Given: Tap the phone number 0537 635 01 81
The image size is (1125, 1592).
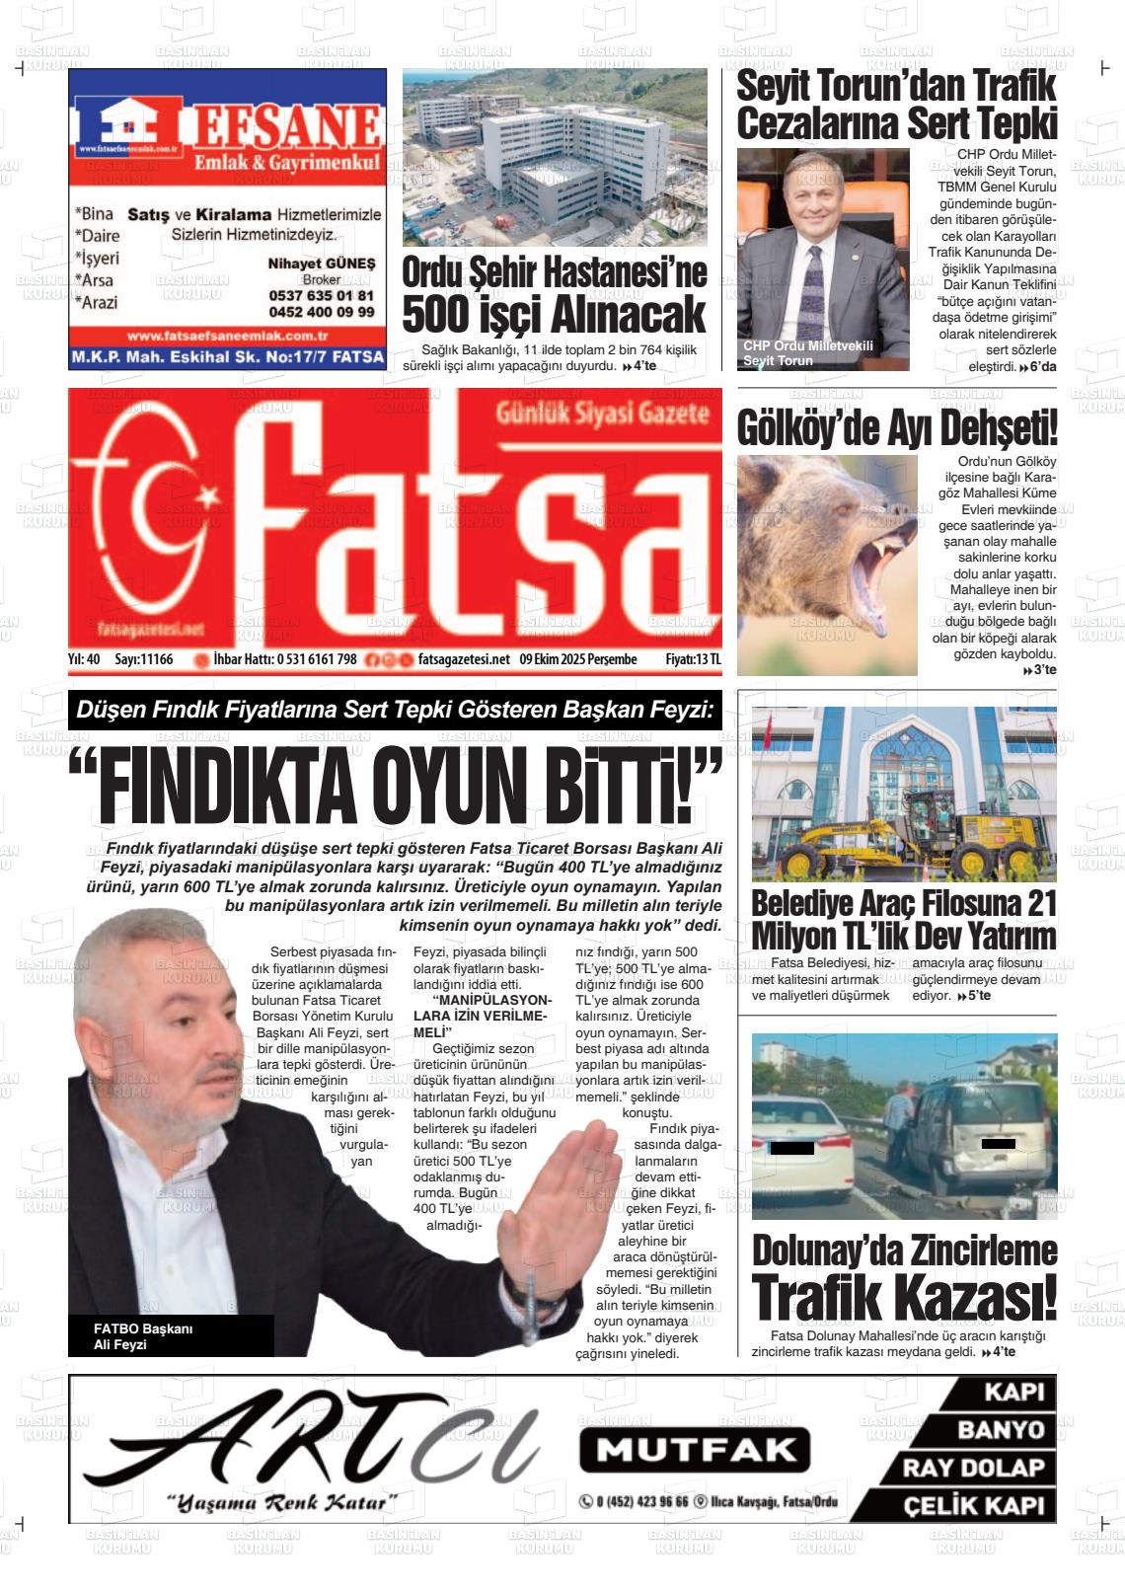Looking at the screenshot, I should tap(321, 296).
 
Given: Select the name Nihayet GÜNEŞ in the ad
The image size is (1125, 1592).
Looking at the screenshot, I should tap(322, 264).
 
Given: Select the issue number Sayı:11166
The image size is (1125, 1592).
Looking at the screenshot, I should tap(144, 659).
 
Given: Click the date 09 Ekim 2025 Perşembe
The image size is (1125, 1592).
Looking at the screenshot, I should tap(578, 659).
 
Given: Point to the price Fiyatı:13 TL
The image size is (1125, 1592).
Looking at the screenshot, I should tap(693, 659).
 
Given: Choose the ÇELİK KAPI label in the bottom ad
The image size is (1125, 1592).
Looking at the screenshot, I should tap(973, 1506).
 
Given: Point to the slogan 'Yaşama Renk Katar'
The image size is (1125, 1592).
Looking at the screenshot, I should tap(281, 1503).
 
